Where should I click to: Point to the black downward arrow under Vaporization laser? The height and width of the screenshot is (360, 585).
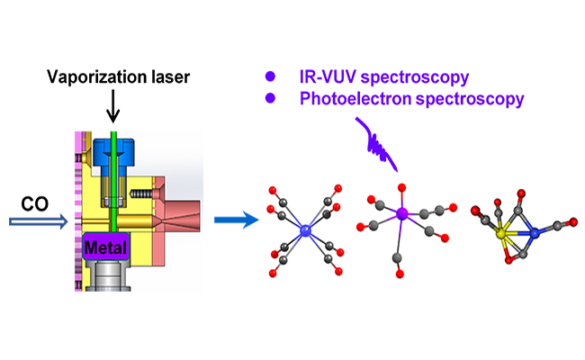point(112,110)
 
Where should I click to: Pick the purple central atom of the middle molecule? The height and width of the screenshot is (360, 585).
point(402,214)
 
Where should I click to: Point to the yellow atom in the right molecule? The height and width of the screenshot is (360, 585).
point(501,233)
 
